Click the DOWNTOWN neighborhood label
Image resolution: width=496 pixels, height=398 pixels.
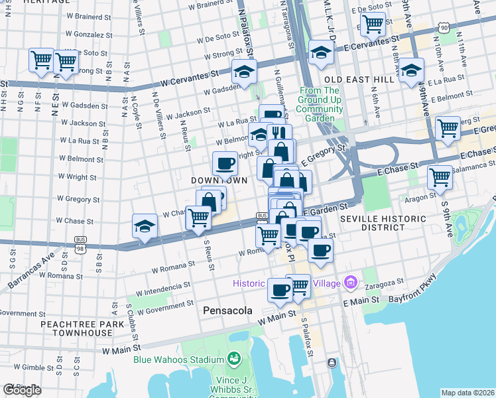coord(219,180)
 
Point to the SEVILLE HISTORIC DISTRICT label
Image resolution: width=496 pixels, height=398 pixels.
coord(372,223)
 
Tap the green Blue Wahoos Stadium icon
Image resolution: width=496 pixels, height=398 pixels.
coord(233,360)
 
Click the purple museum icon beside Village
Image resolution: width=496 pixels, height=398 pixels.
coord(351,283)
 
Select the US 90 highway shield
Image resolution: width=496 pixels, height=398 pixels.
coord(443,27)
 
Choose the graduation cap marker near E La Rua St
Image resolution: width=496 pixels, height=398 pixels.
coord(410,68)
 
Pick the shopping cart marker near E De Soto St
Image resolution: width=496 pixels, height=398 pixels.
coord(373,24)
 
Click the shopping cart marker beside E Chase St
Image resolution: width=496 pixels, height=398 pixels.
coord(440,176)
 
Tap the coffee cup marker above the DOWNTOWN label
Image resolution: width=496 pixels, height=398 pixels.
coord(224,163)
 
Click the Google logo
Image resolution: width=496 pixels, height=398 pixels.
coord(23,390)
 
